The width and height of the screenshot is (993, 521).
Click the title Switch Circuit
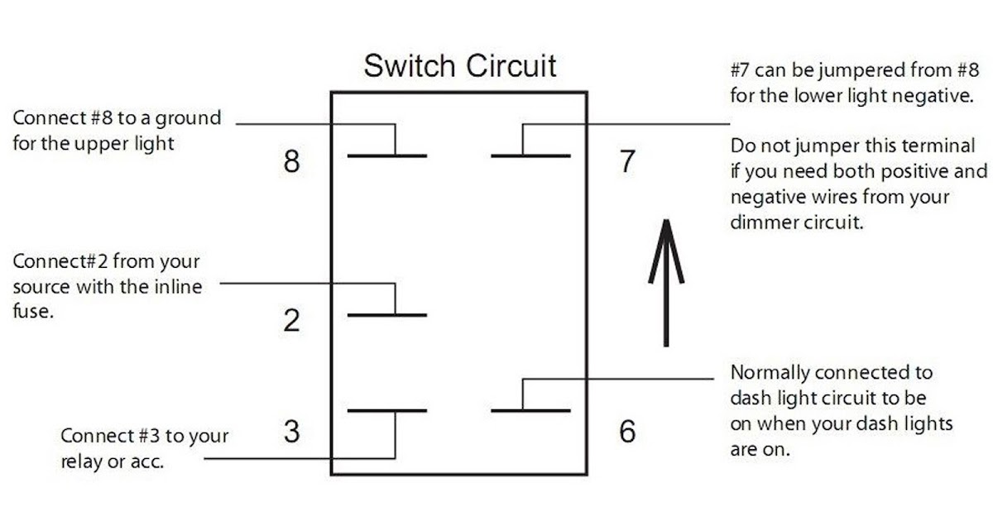point(460,66)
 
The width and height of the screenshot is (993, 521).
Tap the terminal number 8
point(291,161)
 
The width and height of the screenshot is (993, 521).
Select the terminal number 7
point(627,161)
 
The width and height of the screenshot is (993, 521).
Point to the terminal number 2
point(291,320)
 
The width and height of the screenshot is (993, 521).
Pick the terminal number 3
point(291,432)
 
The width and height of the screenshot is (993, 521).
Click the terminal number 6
point(627,432)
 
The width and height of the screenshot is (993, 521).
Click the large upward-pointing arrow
point(666,283)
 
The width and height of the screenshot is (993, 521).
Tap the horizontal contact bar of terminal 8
point(387,156)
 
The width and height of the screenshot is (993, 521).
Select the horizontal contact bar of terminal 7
point(530,156)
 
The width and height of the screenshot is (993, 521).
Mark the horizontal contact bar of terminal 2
point(387,315)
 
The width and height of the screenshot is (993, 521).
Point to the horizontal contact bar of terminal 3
point(387,411)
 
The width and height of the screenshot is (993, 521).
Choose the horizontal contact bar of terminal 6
point(530,411)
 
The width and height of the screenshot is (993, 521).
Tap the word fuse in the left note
point(33,311)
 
